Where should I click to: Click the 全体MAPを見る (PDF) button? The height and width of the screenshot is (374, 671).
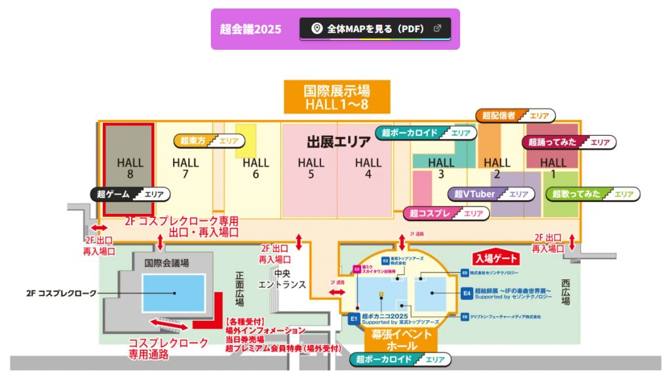click(x=375, y=29)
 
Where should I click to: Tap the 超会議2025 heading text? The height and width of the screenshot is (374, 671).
click(x=250, y=29)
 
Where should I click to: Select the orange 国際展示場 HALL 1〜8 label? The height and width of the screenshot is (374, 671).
click(x=337, y=97)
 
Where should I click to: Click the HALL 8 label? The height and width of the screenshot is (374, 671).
click(x=130, y=168)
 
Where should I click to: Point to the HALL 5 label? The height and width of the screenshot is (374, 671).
click(x=311, y=168)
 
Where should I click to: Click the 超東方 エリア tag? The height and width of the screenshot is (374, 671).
click(x=210, y=140)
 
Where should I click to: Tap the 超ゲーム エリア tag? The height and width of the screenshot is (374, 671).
click(x=130, y=194)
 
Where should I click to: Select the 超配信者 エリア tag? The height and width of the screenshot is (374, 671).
click(x=514, y=115)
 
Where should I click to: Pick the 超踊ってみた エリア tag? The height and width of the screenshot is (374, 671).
click(x=569, y=142)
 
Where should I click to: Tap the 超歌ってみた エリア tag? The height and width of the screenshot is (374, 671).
click(x=592, y=194)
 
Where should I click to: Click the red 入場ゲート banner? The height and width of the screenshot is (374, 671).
click(x=496, y=259)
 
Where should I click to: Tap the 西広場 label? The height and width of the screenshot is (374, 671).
click(x=565, y=291)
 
